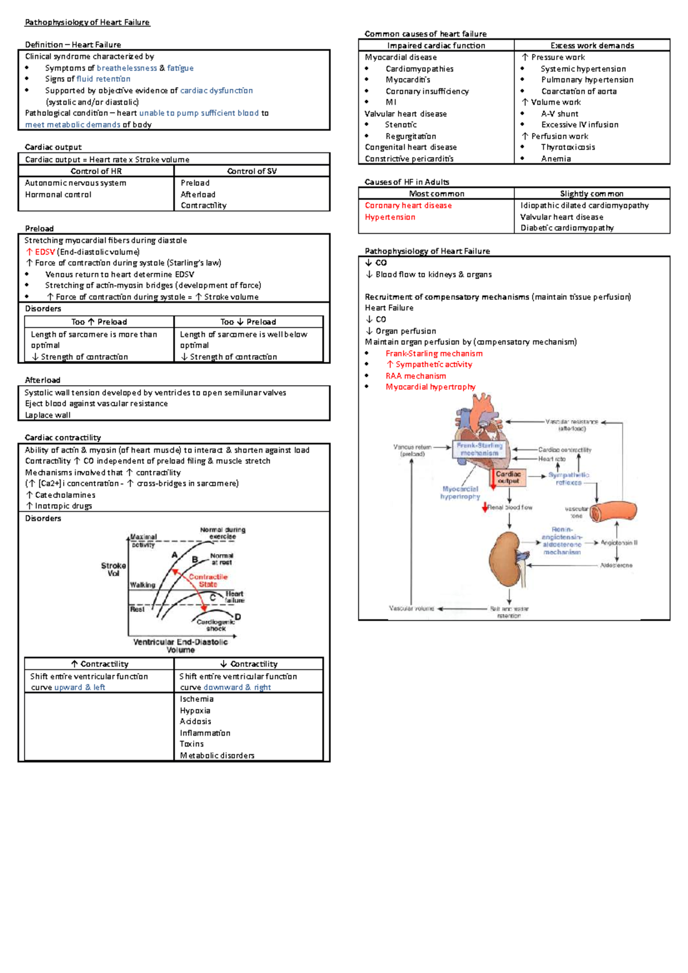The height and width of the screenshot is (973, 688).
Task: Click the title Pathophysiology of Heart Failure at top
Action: (x=87, y=22)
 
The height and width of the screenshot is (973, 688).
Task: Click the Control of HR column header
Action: (x=96, y=171)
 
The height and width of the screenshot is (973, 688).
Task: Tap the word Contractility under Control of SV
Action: (x=204, y=206)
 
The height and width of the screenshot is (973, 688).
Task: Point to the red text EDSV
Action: (x=45, y=252)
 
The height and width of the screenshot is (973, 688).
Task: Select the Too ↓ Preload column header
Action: (x=248, y=322)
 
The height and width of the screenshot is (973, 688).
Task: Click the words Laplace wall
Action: (x=48, y=415)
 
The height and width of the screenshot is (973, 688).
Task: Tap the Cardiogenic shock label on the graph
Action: (x=216, y=625)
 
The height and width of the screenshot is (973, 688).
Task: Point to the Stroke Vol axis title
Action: (x=114, y=569)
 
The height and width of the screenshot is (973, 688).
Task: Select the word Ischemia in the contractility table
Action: (x=197, y=699)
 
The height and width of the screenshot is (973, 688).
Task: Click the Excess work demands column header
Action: (x=592, y=46)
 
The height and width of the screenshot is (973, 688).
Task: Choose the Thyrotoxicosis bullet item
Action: (x=568, y=147)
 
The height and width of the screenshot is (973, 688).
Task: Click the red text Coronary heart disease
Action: (x=408, y=206)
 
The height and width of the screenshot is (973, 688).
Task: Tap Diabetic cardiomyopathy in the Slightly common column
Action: (x=566, y=228)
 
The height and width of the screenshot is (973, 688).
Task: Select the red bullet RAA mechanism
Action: (x=416, y=376)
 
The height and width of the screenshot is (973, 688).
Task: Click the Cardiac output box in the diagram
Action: (x=508, y=477)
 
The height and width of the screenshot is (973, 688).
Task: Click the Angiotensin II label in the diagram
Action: (x=619, y=542)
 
